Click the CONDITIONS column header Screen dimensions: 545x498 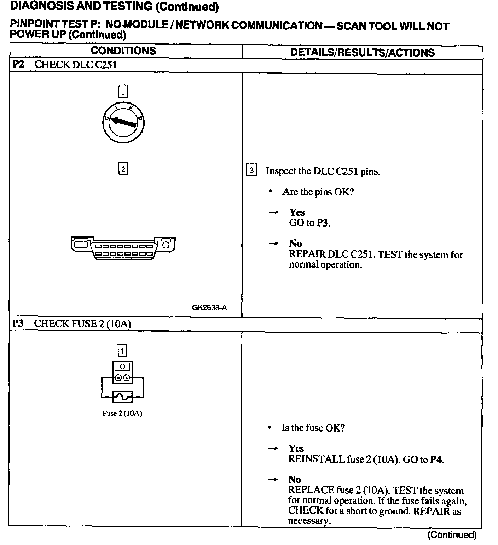pyautogui.click(x=123, y=51)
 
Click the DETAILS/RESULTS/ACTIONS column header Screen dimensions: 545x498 pyautogui.click(x=362, y=53)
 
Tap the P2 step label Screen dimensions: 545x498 pyautogui.click(x=18, y=65)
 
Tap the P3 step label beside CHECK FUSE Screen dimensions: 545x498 pyautogui.click(x=17, y=323)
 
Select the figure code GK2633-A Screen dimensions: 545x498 pyautogui.click(x=209, y=307)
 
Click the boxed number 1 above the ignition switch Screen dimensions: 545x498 pyautogui.click(x=123, y=92)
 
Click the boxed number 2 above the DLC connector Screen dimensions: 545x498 pyautogui.click(x=123, y=169)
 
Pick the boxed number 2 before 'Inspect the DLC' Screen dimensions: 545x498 pyautogui.click(x=251, y=170)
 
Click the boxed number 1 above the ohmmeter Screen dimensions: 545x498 pyautogui.click(x=122, y=350)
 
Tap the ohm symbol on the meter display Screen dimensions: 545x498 pyautogui.click(x=122, y=367)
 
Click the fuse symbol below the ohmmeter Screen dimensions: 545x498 pyautogui.click(x=122, y=397)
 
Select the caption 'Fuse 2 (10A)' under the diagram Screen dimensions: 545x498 pyautogui.click(x=122, y=413)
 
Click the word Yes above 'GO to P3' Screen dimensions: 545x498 pyautogui.click(x=297, y=212)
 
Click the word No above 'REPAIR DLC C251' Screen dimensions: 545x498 pyautogui.click(x=295, y=244)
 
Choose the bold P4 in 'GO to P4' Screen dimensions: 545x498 pyautogui.click(x=436, y=459)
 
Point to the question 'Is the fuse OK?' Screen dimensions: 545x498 pyautogui.click(x=313, y=428)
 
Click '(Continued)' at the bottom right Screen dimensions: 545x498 pyautogui.click(x=452, y=535)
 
